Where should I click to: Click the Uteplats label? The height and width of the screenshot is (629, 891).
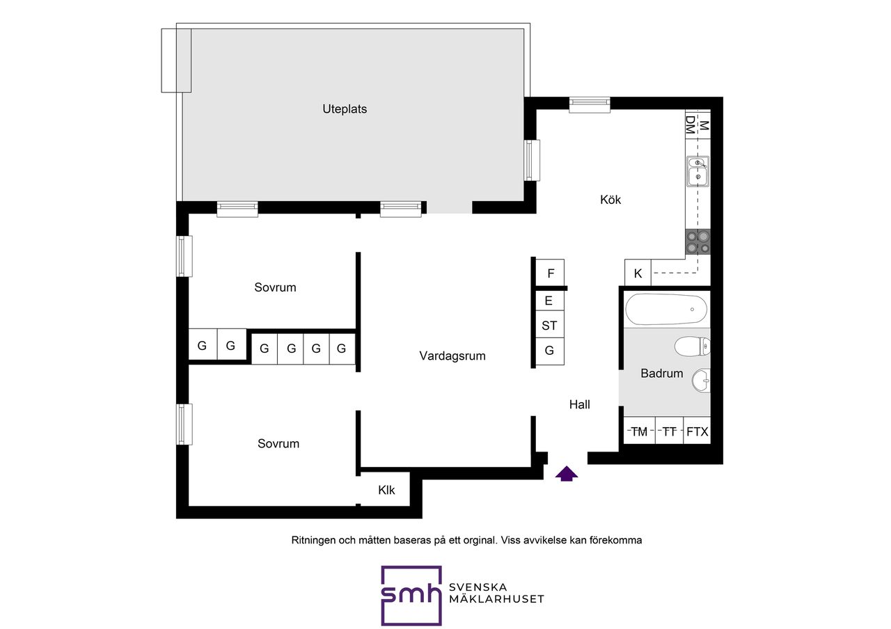coord(345,109)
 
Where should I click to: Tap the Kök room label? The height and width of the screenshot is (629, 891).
coord(610,199)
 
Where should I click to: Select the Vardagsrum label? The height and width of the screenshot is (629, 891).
coord(452,356)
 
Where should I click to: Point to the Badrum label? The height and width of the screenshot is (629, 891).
coord(661,373)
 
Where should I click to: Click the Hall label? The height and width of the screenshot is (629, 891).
coord(579,404)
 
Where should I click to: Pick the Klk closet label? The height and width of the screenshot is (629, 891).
coord(386,490)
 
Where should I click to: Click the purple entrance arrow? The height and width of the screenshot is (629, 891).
coord(567,474)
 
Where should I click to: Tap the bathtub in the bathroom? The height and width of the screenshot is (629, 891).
coord(666,310)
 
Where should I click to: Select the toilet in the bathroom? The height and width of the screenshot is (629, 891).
coord(693,347)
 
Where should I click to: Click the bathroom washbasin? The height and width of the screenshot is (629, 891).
coord(701,381)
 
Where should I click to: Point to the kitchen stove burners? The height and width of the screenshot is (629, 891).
coord(697,242)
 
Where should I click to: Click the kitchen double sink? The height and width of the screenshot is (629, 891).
coord(697,171)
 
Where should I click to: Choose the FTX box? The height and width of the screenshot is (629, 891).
coord(697,431)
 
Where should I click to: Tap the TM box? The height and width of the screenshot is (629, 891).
coord(639,431)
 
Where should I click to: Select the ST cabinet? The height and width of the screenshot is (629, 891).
coord(549,326)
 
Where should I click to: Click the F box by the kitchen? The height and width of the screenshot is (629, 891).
coord(550,273)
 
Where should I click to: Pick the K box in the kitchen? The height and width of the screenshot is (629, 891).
coord(638,273)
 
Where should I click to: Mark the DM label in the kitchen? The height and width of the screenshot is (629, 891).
coord(691,125)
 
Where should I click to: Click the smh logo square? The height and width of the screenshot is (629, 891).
coord(411,596)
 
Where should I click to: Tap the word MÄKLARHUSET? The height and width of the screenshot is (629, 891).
coord(496,599)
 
